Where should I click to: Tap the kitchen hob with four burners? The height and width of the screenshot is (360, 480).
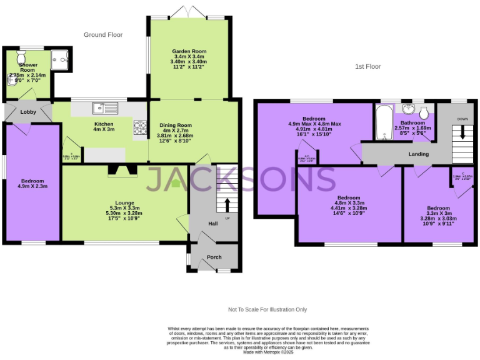(x=139, y=127)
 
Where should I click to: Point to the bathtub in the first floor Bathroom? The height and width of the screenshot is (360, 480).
(x=384, y=122)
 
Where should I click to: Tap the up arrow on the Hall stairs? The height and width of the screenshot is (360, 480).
(x=226, y=204)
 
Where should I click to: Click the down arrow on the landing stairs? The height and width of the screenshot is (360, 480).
(x=462, y=132)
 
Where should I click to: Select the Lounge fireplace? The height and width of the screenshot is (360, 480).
(x=121, y=170)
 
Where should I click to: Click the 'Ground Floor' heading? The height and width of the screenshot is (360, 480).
(x=103, y=35)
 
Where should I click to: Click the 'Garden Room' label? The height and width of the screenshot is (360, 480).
(x=189, y=51)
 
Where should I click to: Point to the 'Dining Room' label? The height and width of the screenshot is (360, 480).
(x=192, y=124)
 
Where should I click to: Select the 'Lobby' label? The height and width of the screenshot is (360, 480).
(x=28, y=112)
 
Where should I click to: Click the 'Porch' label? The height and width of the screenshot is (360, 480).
(x=214, y=257)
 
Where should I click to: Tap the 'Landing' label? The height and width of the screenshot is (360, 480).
(x=418, y=154)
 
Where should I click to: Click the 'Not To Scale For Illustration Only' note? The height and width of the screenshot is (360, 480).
(x=267, y=309)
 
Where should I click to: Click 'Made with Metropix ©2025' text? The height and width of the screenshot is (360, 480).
(x=268, y=352)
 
